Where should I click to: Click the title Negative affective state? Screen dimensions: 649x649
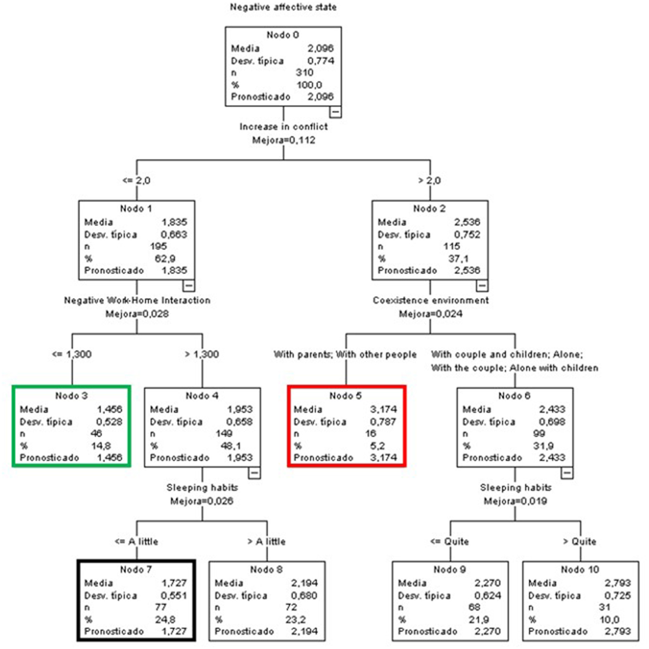point(283,7)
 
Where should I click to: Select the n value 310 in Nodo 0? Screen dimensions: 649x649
point(304,72)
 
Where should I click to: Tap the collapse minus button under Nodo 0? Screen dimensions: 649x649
point(335,112)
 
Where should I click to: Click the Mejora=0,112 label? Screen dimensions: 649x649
point(283,140)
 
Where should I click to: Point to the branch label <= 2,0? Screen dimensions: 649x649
point(136,181)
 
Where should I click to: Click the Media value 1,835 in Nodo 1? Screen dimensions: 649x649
point(174,222)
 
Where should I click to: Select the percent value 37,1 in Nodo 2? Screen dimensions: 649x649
point(458,259)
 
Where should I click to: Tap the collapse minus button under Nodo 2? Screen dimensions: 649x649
point(482,286)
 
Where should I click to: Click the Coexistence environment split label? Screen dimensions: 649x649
point(430,300)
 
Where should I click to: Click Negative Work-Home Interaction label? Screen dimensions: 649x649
point(137,300)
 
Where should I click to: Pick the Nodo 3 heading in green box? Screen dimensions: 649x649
point(71,396)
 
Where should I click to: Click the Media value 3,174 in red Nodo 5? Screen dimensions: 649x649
point(383,409)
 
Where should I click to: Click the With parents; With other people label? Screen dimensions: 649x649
point(345,355)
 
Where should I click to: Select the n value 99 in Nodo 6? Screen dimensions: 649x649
point(539,434)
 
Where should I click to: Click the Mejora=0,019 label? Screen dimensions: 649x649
point(515,501)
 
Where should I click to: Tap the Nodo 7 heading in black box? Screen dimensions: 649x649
point(136,569)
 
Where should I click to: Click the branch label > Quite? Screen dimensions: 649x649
point(580,541)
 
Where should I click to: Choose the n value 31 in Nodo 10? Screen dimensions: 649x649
point(604,607)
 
